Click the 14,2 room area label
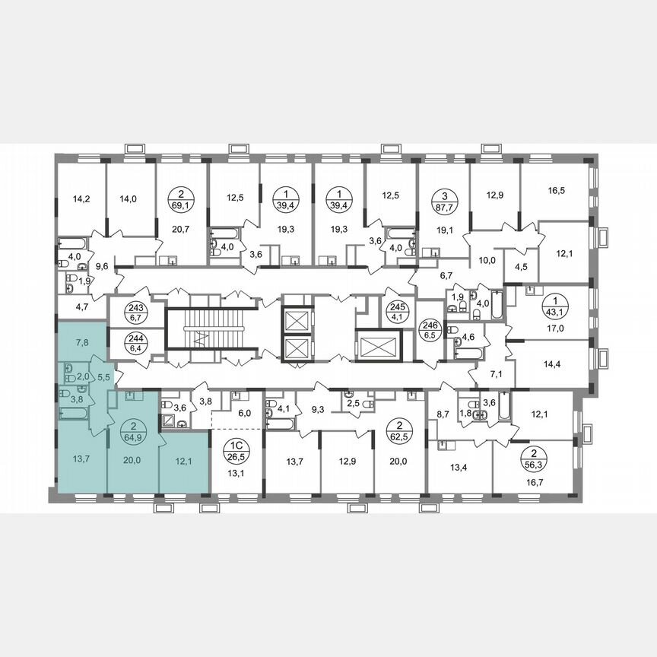80,200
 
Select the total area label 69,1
180,205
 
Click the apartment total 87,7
443,205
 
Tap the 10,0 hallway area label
487,259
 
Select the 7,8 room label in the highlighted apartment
81,342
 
